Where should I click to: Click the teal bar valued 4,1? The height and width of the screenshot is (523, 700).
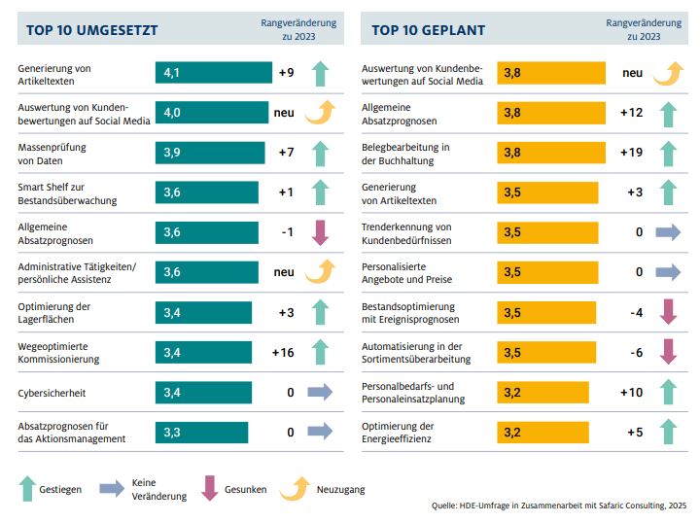[x=214, y=73]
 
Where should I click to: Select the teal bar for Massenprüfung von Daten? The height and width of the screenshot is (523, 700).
[x=210, y=153]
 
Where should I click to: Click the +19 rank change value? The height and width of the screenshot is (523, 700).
[x=631, y=153]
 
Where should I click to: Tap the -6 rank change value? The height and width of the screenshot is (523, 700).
[x=635, y=352]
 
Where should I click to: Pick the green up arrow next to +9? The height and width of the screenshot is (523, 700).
[x=320, y=74]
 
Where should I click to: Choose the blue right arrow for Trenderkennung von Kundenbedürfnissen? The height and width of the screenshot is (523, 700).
[x=668, y=232]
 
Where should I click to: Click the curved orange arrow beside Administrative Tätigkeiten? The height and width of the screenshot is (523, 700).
[x=320, y=272]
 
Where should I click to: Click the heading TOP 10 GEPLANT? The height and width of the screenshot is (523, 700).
[x=429, y=30]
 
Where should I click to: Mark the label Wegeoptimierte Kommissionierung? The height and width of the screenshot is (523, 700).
[x=59, y=352]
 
